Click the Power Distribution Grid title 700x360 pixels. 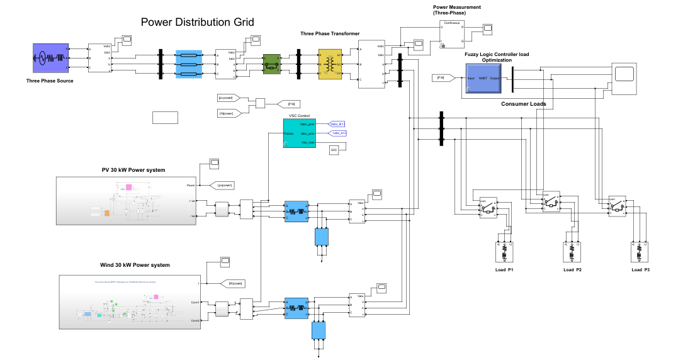[x=197, y=23]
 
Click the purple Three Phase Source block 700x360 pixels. [x=50, y=59]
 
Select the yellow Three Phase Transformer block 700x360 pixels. [x=329, y=64]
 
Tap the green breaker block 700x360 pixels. [x=271, y=64]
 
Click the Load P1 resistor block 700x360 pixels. [x=504, y=252]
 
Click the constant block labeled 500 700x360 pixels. [x=334, y=150]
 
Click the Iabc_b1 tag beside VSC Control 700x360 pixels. [x=339, y=133]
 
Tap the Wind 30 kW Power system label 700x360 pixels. [x=135, y=265]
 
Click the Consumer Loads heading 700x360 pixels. [x=523, y=104]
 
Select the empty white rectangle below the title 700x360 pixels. [x=165, y=118]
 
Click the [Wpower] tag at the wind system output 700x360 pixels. [x=232, y=284]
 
